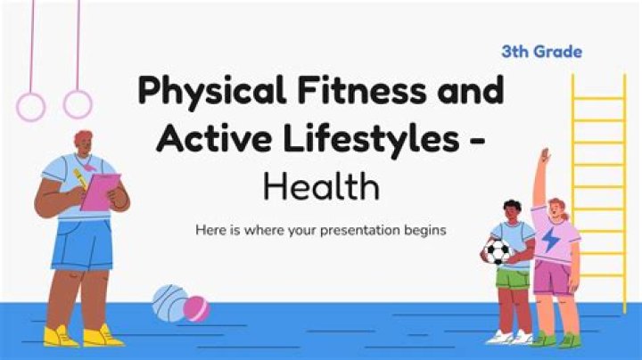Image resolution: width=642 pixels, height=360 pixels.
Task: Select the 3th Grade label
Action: pos(541,52)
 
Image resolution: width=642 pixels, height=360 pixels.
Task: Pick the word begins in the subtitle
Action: pos(423,230)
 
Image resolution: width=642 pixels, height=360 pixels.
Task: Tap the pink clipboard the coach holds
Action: pos(100,192)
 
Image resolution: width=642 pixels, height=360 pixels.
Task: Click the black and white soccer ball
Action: pos(497,250)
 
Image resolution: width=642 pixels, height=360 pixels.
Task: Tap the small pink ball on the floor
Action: pos(196,309)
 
